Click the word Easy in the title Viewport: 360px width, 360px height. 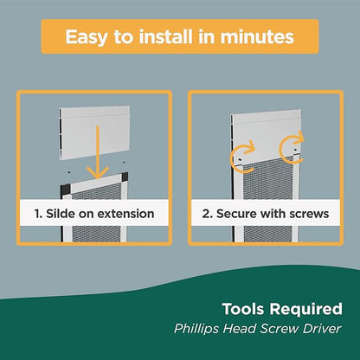click(x=86, y=37)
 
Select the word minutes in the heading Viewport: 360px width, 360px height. click(x=257, y=36)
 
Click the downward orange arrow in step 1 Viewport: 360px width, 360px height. click(x=98, y=152)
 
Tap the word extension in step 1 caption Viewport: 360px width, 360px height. click(x=125, y=214)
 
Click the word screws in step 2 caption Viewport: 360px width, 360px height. click(x=309, y=215)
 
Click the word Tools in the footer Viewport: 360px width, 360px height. click(x=243, y=309)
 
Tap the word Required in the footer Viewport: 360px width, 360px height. click(x=305, y=310)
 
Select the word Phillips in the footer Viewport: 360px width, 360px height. click(x=196, y=329)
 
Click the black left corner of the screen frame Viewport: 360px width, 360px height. click(x=65, y=190)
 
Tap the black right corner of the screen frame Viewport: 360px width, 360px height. click(x=125, y=177)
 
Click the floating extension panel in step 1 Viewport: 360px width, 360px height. click(x=94, y=132)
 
